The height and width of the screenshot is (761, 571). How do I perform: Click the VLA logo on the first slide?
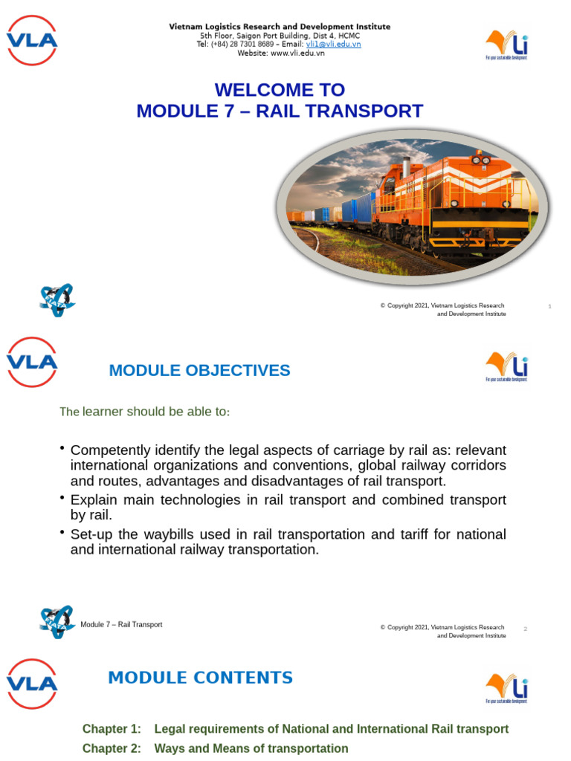coord(32,40)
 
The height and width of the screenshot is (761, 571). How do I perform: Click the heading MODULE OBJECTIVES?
coord(199,370)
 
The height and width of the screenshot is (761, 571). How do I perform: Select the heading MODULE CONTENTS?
coord(200,678)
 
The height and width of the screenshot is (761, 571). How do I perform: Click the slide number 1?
coord(549,306)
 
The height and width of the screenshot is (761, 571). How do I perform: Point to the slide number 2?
coord(525,629)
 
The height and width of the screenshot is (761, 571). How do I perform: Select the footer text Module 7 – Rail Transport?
coord(121,624)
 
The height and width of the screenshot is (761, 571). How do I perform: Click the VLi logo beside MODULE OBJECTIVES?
coord(507,366)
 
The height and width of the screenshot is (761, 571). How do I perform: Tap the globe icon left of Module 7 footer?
coord(57,621)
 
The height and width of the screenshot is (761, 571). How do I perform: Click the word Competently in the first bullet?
coord(106,451)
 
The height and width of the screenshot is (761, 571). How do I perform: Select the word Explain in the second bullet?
coord(94,500)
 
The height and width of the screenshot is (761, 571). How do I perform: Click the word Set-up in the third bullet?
coord(91,534)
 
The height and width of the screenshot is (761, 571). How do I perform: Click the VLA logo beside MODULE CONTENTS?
coord(32,683)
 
